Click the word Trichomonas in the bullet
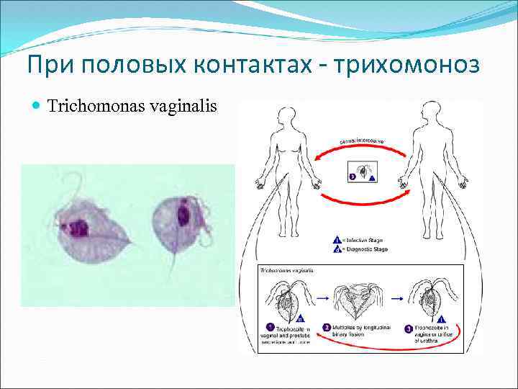click(99, 107)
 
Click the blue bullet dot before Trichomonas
click(37, 107)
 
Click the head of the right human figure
click(431, 114)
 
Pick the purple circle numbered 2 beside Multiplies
click(326, 326)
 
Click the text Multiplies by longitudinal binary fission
click(360, 330)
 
